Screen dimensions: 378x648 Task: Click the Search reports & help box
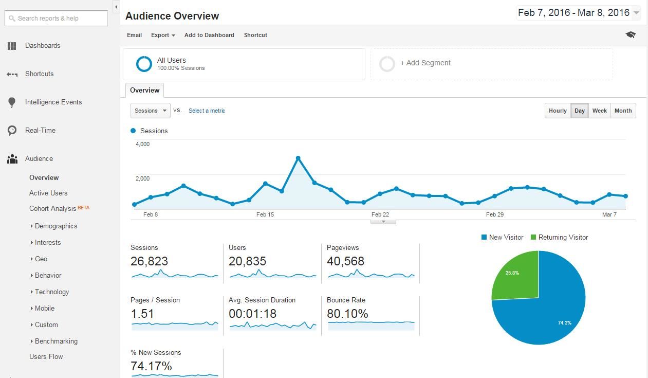56,18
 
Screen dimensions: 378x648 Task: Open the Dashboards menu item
42,46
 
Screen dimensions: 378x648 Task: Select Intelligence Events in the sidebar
53,102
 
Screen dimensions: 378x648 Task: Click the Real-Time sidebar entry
40,131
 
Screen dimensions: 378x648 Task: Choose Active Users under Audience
48,193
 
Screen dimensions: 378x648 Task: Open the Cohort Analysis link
52,209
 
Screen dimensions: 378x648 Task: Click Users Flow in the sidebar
46,357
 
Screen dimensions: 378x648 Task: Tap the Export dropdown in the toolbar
162,35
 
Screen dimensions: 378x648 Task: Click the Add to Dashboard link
209,35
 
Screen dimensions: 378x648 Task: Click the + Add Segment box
491,63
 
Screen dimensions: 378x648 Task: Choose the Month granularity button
623,111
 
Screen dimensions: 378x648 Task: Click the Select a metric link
207,111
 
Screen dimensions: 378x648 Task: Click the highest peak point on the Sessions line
298,158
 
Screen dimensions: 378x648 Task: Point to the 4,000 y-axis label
142,145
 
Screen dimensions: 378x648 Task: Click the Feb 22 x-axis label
380,215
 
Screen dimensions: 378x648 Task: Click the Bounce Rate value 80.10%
347,314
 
